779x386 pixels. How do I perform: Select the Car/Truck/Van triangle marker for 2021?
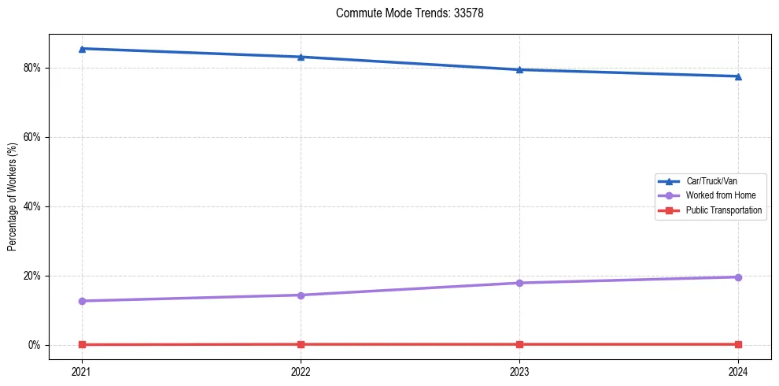[x=82, y=49]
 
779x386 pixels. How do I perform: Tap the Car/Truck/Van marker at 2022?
[x=301, y=57]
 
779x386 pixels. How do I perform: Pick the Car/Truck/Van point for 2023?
[x=519, y=69]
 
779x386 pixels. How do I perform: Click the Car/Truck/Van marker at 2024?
[x=738, y=76]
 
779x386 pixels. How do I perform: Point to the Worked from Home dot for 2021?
[x=82, y=301]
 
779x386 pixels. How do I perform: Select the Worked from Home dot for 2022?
[x=301, y=295]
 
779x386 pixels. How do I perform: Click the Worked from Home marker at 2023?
[x=519, y=283]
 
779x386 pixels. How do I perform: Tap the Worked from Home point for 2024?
[x=738, y=277]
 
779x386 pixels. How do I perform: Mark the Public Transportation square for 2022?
[x=301, y=344]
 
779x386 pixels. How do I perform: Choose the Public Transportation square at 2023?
[x=519, y=344]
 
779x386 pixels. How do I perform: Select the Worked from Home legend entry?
[x=716, y=195]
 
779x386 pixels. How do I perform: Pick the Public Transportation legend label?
[x=723, y=210]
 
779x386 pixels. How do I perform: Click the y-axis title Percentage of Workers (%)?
[x=12, y=197]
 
